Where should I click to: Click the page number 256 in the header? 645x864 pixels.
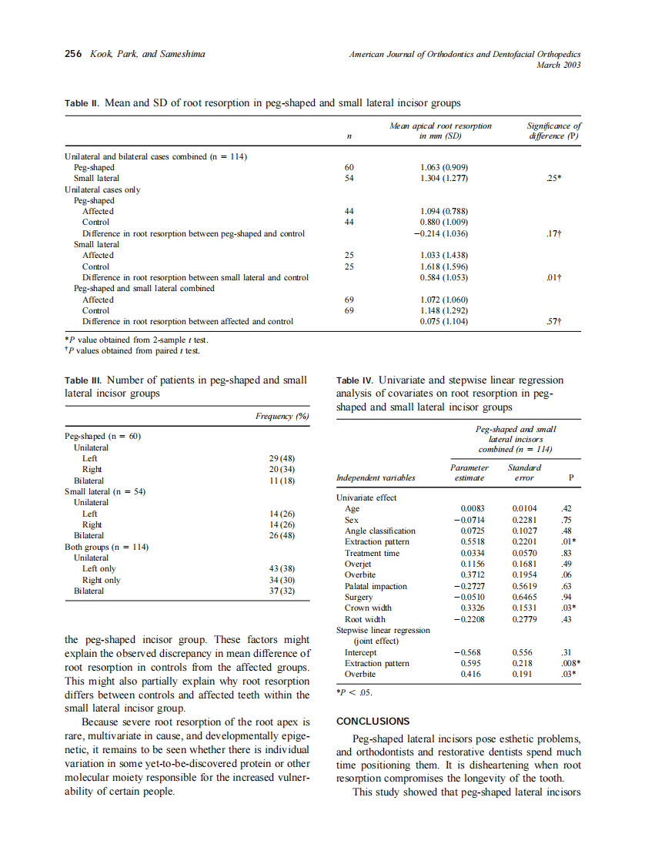tap(72, 54)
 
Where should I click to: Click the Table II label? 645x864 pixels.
tap(82, 102)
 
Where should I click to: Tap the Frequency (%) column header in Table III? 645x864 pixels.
tap(282, 416)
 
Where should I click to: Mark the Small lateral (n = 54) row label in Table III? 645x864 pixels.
tap(105, 491)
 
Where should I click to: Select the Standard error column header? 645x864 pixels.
tap(524, 472)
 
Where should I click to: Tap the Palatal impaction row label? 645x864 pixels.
tap(376, 586)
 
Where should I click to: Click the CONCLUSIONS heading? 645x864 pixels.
tap(373, 722)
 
